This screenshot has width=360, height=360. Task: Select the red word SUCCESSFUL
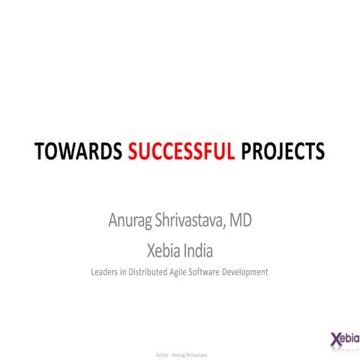click(x=181, y=151)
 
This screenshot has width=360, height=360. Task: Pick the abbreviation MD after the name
click(x=240, y=222)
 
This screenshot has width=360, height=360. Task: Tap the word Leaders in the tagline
click(x=105, y=272)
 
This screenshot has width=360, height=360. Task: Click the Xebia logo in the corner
click(x=344, y=338)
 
